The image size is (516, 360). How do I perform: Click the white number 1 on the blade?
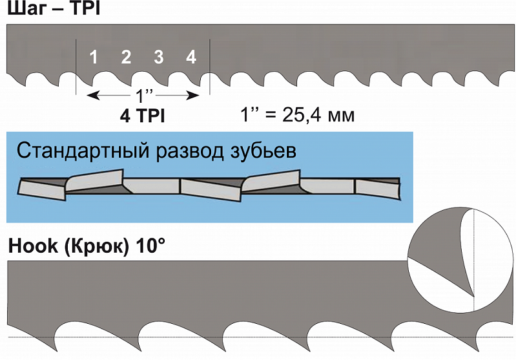tap(94, 57)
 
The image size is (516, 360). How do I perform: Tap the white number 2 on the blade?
tap(126, 57)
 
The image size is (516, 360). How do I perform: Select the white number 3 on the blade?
tap(159, 57)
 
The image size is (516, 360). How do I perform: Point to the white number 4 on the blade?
tap(191, 57)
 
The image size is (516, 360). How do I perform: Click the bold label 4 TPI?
tap(143, 116)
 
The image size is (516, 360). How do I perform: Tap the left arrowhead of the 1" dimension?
tap(93, 96)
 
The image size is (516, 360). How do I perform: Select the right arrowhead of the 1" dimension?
tap(194, 96)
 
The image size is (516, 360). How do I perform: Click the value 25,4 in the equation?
tap(301, 115)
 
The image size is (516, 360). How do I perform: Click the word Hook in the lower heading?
tap(32, 246)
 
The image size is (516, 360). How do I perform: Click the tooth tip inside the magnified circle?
tap(473, 296)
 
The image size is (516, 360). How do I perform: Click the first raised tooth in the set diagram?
tap(94, 180)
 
